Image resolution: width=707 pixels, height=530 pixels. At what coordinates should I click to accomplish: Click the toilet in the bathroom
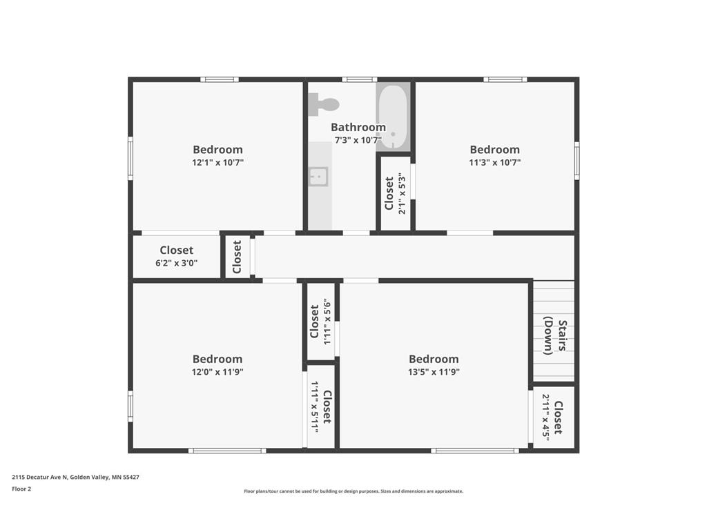tap(324, 105)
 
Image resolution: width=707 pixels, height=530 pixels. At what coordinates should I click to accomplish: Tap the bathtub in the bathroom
tap(393, 117)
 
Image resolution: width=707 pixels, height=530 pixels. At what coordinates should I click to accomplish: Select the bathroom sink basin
tap(318, 177)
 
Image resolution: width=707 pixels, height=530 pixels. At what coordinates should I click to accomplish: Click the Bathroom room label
tap(358, 127)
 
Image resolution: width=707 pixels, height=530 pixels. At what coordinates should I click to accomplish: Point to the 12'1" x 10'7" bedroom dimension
tap(217, 162)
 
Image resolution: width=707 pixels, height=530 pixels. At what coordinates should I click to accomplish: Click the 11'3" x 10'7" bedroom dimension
tap(494, 162)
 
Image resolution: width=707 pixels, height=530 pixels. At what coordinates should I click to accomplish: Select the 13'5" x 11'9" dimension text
tap(434, 372)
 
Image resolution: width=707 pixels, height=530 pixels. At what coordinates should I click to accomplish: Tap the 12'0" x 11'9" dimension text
tap(217, 372)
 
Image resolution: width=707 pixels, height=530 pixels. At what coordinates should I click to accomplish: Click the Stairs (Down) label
tap(555, 337)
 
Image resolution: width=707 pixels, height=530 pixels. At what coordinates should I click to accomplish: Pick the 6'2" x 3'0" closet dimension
tap(177, 263)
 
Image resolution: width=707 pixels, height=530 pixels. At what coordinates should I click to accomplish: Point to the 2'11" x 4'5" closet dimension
tap(546, 418)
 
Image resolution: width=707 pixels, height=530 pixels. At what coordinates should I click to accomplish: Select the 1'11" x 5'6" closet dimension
tap(328, 322)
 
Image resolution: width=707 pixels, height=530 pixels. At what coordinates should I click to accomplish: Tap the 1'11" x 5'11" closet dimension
tap(314, 407)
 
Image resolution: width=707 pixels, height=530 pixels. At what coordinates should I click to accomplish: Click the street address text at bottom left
tap(75, 477)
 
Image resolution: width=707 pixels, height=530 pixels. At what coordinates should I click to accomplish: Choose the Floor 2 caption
tap(21, 489)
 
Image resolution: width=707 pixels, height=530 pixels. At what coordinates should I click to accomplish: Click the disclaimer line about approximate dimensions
tap(353, 491)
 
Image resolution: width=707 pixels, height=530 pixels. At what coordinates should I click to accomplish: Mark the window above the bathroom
tap(359, 80)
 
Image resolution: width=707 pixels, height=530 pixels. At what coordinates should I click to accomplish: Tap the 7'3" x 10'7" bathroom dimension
tap(358, 139)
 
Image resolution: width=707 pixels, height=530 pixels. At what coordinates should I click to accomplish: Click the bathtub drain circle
tap(393, 135)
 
